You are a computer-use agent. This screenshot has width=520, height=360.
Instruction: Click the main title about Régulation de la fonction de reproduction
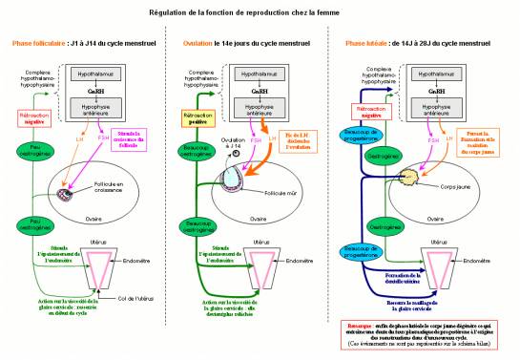pos(260,14)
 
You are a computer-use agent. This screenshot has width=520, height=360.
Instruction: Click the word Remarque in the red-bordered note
pos(358,326)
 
